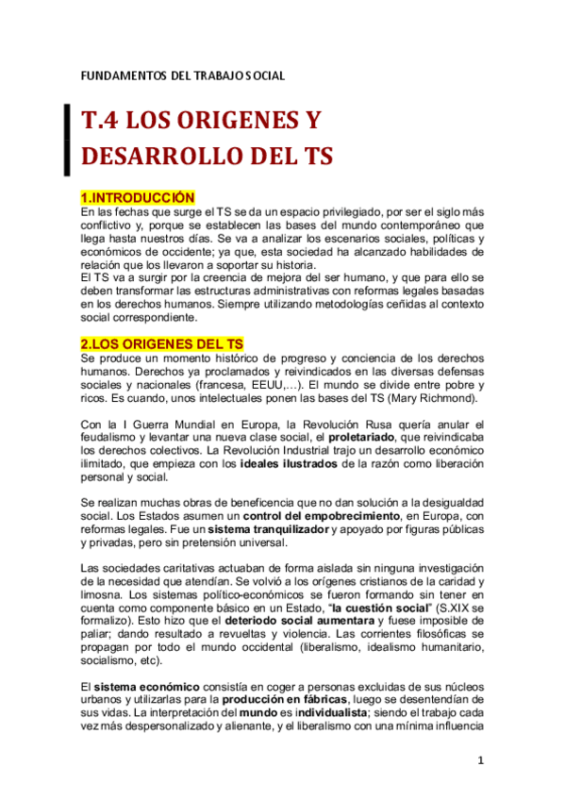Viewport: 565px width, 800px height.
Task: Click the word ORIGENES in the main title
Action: click(227, 121)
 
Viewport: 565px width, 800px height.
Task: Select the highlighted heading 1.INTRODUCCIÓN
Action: click(138, 197)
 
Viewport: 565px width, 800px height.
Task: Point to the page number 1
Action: click(481, 760)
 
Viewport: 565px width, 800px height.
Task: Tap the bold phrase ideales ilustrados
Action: click(289, 463)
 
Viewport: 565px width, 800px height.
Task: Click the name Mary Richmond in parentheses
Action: click(429, 398)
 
